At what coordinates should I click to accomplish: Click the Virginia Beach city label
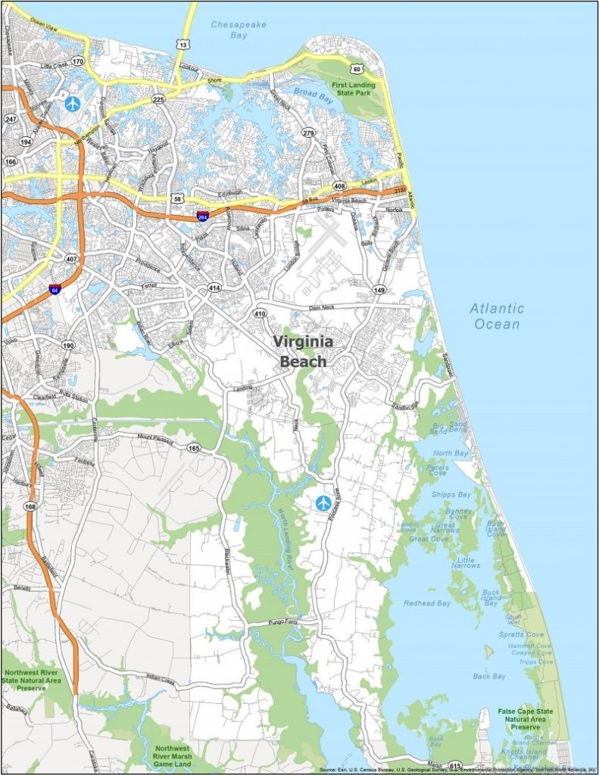coord(304,351)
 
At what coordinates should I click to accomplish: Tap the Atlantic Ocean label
coord(497,316)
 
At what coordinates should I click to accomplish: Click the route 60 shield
coord(356,68)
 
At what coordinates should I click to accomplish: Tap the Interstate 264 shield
coord(202,216)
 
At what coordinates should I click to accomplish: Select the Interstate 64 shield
coord(54,288)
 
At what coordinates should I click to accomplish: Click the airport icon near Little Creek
coord(73,103)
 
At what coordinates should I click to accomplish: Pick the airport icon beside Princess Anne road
coord(324,502)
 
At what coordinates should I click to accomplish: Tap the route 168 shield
coord(30,506)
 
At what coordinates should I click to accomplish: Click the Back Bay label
coord(488,676)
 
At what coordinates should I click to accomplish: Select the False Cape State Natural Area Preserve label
coord(525,719)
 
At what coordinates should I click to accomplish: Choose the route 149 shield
coord(379,289)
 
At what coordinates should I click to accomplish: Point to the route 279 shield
coord(308,133)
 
